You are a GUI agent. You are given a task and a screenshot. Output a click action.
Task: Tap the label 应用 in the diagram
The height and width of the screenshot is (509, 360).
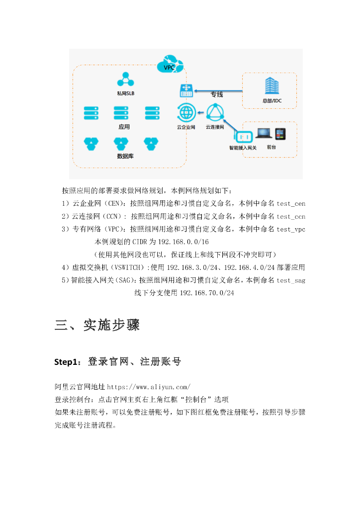(124, 127)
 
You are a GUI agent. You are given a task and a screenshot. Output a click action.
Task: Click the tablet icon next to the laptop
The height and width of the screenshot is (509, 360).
(281, 134)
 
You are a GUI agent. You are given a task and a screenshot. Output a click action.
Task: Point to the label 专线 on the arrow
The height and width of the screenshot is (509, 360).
(216, 94)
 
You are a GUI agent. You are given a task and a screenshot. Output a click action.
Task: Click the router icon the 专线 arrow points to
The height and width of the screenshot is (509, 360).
(186, 91)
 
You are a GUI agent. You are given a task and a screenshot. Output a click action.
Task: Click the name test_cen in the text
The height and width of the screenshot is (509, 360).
(291, 203)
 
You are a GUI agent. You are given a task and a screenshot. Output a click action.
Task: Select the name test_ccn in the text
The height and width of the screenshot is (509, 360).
(291, 216)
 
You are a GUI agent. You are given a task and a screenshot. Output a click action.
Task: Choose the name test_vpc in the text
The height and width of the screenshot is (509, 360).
(291, 229)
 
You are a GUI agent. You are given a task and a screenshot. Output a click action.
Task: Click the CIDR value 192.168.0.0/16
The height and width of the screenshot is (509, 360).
(183, 242)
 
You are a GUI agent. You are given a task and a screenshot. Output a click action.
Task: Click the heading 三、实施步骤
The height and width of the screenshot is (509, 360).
(97, 326)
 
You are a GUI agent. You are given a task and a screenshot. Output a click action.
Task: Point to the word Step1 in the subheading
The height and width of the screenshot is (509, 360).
(67, 362)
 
